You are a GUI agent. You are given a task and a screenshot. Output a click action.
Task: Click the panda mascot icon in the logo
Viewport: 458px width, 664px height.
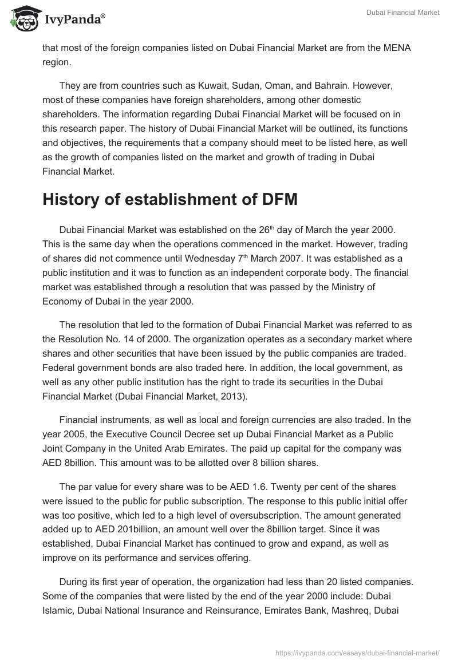coord(23,19)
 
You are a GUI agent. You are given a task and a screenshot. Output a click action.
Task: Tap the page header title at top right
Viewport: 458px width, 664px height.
coord(402,13)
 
